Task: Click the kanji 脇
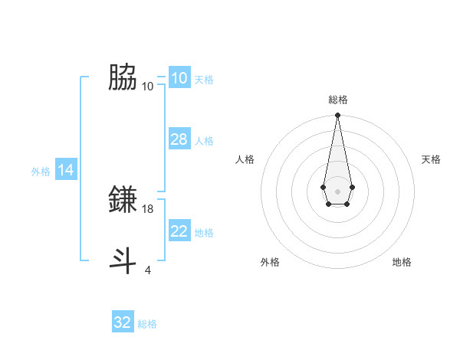click(x=123, y=77)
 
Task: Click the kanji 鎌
click(x=123, y=200)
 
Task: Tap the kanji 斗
click(x=123, y=260)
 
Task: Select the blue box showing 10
click(x=179, y=78)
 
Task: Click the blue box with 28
click(x=179, y=139)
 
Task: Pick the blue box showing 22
click(x=179, y=231)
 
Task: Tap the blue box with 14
click(x=67, y=170)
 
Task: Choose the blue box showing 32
click(x=123, y=322)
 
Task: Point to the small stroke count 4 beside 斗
click(x=148, y=270)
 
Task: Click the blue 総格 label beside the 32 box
click(x=147, y=324)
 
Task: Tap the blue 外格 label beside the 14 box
click(x=41, y=172)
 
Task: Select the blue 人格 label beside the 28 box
click(x=204, y=141)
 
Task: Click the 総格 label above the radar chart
click(x=337, y=100)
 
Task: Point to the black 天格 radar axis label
click(x=431, y=159)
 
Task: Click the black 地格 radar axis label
click(x=402, y=262)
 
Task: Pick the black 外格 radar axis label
click(x=270, y=262)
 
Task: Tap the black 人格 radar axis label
click(x=245, y=159)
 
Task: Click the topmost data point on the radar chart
click(x=337, y=115)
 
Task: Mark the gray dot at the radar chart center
click(x=337, y=190)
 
